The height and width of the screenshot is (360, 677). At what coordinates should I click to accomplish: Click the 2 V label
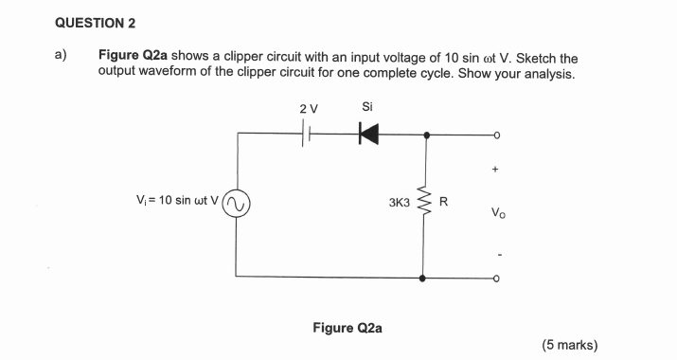(x=308, y=109)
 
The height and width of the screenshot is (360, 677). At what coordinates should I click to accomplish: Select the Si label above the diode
(x=367, y=108)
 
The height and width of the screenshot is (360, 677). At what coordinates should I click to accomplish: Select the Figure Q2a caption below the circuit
(x=347, y=328)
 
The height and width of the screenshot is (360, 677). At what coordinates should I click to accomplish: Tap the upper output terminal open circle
(x=495, y=135)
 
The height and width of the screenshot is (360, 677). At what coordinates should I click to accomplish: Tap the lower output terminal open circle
(x=495, y=279)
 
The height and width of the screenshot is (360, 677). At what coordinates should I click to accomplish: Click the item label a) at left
(x=60, y=56)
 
